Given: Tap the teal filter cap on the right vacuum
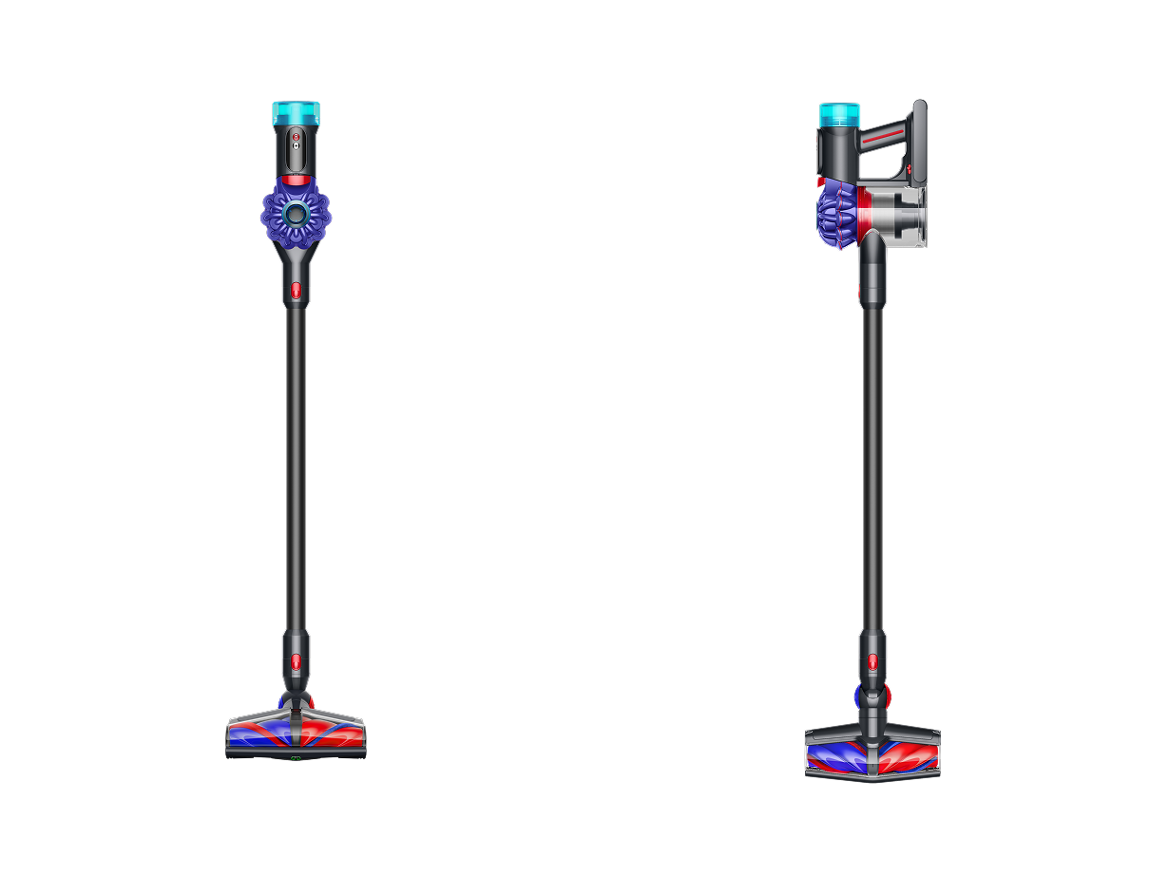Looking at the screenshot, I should tap(839, 116).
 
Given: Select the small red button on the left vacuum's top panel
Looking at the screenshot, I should tap(296, 138).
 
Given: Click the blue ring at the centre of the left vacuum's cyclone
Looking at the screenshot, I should tap(297, 214).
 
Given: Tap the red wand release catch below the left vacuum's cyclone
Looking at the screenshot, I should tap(296, 289).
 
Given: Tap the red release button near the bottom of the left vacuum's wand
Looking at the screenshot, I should tap(296, 660).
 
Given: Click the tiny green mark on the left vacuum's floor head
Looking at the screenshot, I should tap(296, 756).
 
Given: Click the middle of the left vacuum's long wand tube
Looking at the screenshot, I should tap(296, 466).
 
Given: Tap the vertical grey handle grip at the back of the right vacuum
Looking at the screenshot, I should tap(919, 143).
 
